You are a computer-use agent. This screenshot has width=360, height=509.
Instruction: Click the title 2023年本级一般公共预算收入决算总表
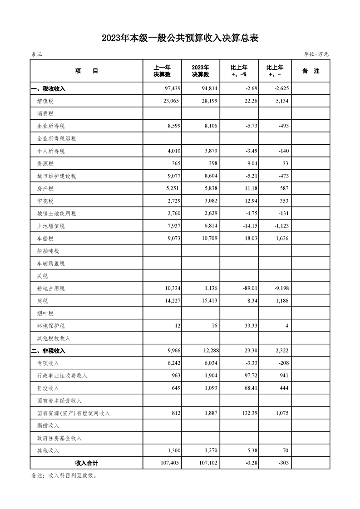[x=180, y=39]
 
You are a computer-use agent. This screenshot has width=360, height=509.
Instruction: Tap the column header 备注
[x=311, y=71]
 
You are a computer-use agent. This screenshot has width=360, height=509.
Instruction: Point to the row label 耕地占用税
[x=51, y=289]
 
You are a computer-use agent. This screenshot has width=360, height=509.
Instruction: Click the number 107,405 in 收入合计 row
[x=168, y=463]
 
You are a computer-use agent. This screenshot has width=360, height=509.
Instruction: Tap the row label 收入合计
[x=86, y=463]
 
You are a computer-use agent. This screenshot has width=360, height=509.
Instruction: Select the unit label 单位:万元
[x=316, y=54]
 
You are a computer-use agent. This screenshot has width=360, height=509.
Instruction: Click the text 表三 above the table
[x=36, y=54]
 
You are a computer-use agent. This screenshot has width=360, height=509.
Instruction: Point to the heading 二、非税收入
[x=48, y=351]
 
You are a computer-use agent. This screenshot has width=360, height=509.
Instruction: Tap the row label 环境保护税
[x=51, y=326]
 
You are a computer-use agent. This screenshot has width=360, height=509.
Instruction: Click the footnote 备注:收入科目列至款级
[x=64, y=476]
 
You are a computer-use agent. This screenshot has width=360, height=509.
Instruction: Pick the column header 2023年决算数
[x=200, y=71]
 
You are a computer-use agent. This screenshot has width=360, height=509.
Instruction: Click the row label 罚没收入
[x=48, y=388]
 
